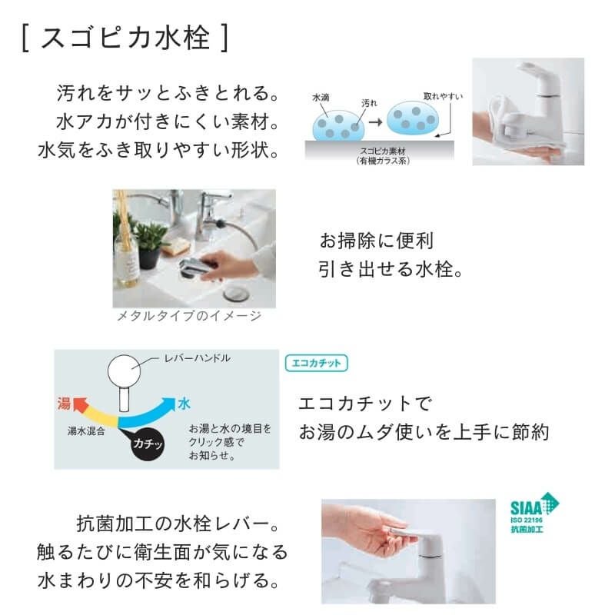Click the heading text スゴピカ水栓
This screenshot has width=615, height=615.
(125, 38)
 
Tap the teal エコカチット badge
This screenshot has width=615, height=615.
(316, 363)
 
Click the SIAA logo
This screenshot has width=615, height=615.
(534, 513)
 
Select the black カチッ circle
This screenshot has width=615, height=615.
(147, 444)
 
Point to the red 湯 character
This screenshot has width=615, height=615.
(64, 403)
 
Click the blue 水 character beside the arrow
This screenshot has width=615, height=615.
(184, 404)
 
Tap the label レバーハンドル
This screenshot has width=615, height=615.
(198, 358)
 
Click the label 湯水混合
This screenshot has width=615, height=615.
(86, 431)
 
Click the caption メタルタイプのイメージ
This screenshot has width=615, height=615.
(189, 316)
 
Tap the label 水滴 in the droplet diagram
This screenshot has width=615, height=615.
(321, 98)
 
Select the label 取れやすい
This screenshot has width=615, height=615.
(443, 96)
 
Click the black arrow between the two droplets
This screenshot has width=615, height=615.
(375, 122)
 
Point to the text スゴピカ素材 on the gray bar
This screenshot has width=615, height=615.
(383, 151)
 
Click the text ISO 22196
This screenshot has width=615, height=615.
(527, 520)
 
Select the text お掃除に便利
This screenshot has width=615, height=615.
(376, 241)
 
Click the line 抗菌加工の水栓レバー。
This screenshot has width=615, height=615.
(177, 524)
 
